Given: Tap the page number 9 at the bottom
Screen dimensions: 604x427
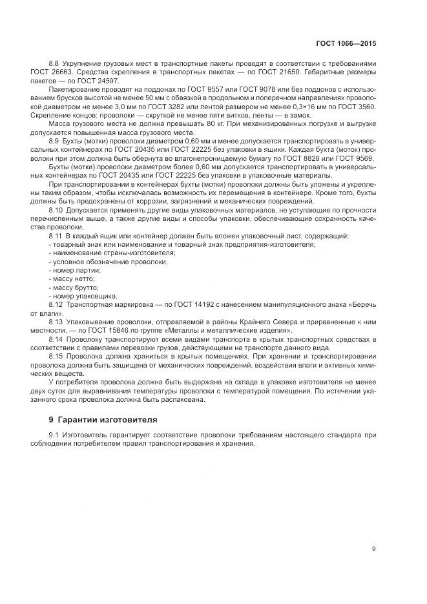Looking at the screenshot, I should pos(373,549).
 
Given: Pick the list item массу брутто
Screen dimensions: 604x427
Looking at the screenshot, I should pos(75,287).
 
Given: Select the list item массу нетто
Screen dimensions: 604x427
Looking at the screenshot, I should pos(74,278).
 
